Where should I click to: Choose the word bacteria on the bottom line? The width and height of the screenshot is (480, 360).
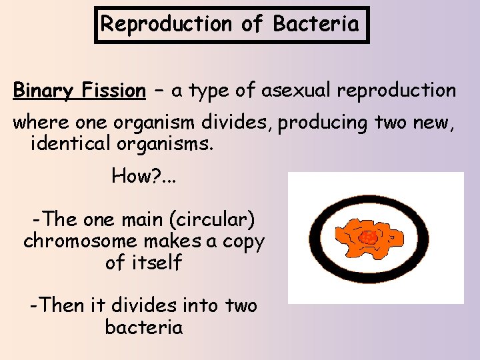pyautogui.click(x=143, y=327)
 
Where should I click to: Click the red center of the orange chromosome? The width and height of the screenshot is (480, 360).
pyautogui.click(x=367, y=237)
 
